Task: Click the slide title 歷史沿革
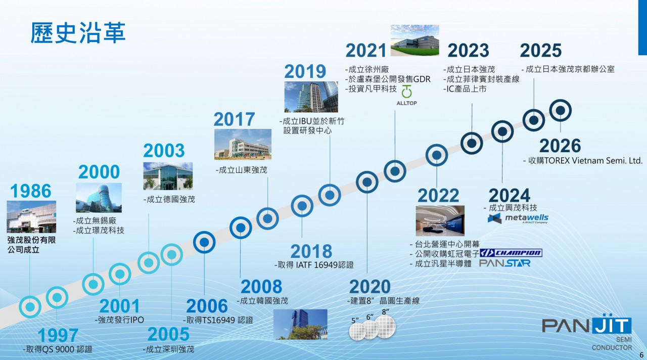(x=78, y=33)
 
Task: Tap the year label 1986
(x=31, y=191)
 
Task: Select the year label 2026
(x=560, y=146)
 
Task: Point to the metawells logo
(x=518, y=218)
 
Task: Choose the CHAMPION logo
(x=511, y=253)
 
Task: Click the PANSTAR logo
(x=504, y=263)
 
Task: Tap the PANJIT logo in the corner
(x=587, y=332)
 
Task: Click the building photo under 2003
(x=168, y=176)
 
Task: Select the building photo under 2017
(x=243, y=145)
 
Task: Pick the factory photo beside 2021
(x=415, y=40)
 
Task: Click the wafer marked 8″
(x=385, y=327)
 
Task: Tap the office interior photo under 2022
(x=440, y=221)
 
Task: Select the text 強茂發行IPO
(x=120, y=320)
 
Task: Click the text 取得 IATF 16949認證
(x=314, y=265)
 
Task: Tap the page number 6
(x=641, y=355)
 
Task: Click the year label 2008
(x=261, y=287)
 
